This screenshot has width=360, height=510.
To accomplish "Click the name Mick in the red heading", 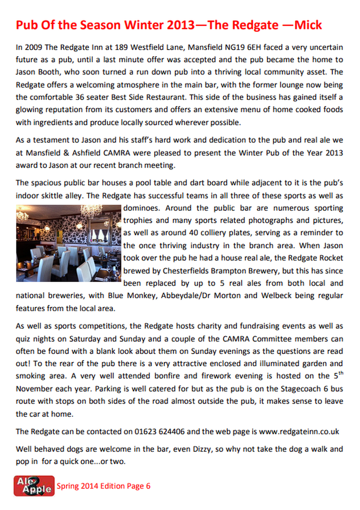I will coord(307,25).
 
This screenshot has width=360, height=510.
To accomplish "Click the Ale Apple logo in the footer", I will coord(34,486).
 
